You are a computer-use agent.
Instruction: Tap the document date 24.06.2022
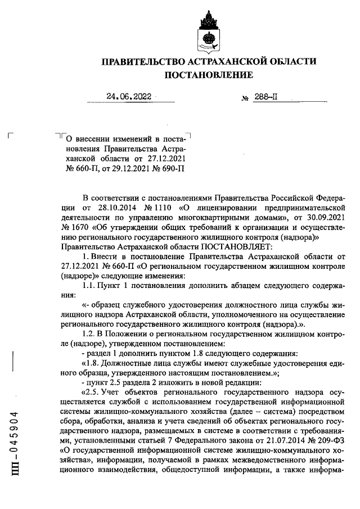pyautogui.click(x=129, y=96)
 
